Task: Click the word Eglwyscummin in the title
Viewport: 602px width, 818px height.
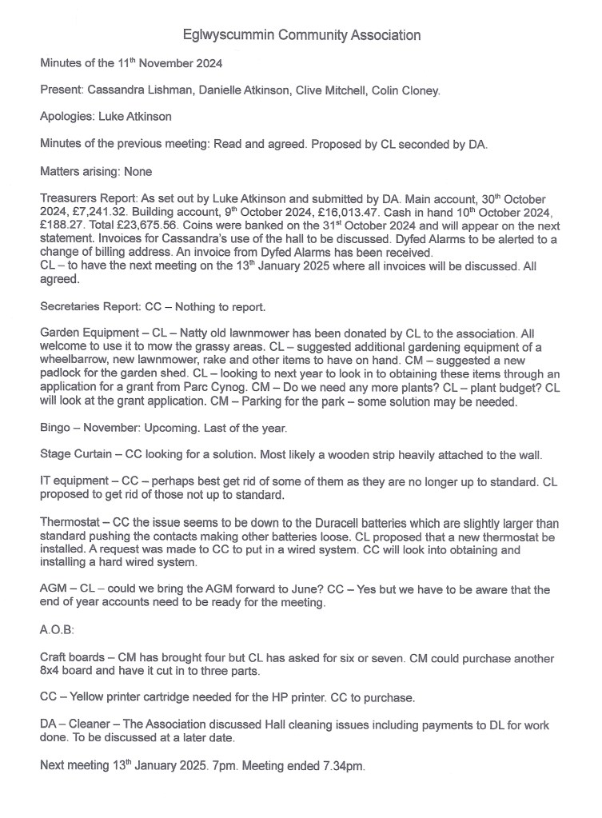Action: point(231,35)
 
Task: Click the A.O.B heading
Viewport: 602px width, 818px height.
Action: point(57,630)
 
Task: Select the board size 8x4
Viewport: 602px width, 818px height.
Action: point(51,672)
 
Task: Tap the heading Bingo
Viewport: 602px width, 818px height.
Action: point(55,428)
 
